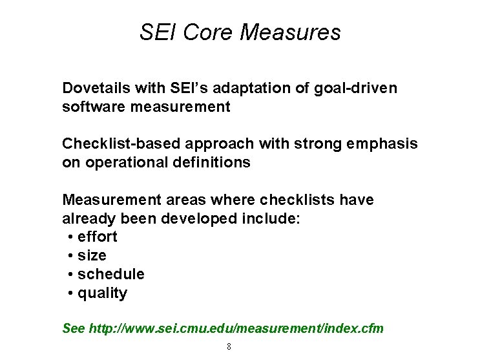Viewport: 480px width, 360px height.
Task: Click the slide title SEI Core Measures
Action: point(240,32)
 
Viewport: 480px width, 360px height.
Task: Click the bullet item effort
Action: point(97,237)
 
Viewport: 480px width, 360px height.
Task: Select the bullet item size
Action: point(92,255)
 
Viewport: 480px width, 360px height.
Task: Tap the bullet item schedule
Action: point(110,274)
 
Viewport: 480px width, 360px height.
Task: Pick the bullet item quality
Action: point(102,293)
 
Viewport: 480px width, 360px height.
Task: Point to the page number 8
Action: point(229,346)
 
